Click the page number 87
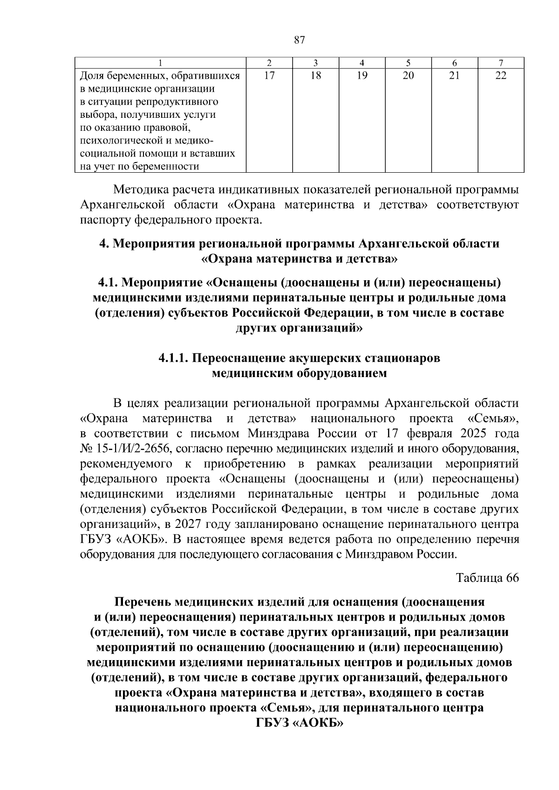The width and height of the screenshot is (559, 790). [300, 40]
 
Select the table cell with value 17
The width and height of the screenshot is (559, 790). [269, 76]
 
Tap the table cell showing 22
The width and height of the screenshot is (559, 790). [500, 76]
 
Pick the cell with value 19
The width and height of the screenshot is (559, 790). [362, 76]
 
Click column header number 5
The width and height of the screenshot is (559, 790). [408, 63]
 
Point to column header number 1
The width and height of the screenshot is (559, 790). [160, 63]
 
